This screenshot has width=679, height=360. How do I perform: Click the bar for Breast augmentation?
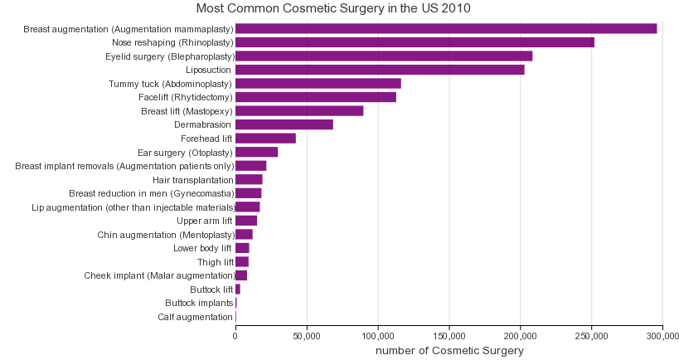(446, 29)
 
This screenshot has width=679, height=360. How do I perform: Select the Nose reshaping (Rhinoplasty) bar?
(415, 42)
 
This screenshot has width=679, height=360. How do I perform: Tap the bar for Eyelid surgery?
(384, 56)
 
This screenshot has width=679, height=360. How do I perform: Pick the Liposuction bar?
(380, 70)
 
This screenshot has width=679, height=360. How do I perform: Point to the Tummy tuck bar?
(318, 84)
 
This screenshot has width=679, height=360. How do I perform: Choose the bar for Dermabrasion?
(284, 124)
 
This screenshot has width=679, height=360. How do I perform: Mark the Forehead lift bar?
(265, 139)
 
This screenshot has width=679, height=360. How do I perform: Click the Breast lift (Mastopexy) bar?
(299, 111)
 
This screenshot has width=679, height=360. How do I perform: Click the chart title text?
(333, 9)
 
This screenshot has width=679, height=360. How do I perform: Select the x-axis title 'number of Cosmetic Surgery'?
(449, 351)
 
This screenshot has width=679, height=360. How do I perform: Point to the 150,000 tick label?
(449, 335)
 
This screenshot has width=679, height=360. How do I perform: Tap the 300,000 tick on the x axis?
(662, 335)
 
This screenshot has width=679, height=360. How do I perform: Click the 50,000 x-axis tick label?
(307, 335)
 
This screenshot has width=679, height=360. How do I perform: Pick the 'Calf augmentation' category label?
(196, 317)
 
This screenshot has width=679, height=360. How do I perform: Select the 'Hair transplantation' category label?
(192, 180)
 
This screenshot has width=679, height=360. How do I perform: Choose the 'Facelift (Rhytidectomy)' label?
(186, 97)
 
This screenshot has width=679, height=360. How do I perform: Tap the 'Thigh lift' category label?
(216, 262)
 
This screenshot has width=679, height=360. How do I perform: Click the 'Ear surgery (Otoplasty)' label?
(185, 153)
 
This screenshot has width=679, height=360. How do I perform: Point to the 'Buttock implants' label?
(199, 304)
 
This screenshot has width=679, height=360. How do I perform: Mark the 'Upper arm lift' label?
(205, 221)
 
